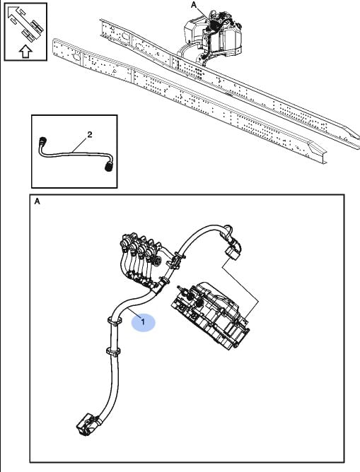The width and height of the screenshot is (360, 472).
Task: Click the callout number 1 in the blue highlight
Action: tap(143, 321)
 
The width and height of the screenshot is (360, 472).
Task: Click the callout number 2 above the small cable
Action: tap(90, 134)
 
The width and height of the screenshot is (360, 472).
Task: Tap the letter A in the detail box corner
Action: tap(37, 201)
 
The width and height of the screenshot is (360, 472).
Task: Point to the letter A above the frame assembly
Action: tap(194, 5)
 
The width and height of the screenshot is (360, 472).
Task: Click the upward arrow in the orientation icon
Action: tap(25, 52)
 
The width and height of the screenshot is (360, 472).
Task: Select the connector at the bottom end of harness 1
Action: tap(88, 425)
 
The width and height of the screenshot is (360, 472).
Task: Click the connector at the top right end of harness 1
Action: tap(233, 249)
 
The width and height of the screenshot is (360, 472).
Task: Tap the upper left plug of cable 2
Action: tap(42, 141)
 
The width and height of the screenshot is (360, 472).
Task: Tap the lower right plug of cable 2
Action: tap(109, 166)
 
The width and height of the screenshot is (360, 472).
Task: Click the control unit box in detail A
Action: tap(211, 315)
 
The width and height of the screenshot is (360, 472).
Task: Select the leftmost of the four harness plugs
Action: tap(125, 241)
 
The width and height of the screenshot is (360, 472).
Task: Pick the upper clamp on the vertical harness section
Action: tap(114, 321)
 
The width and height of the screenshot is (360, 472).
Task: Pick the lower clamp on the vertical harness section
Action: tap(113, 352)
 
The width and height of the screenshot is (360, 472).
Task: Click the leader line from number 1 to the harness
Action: tap(134, 312)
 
